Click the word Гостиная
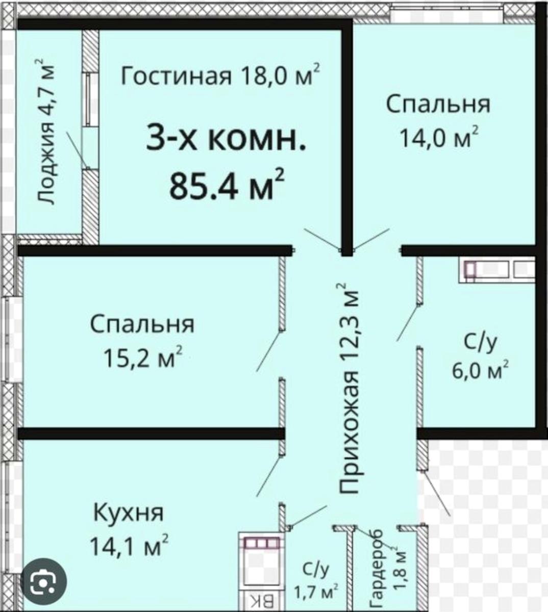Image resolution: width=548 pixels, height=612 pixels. (176, 76)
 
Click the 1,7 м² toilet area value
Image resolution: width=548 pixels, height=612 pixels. (316, 591)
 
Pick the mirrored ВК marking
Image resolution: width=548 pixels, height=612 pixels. (262, 602)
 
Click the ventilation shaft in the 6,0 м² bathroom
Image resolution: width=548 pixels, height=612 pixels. (496, 269)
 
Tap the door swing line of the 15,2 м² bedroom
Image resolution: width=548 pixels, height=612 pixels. (269, 351)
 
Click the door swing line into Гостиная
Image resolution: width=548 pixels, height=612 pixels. (322, 239)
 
